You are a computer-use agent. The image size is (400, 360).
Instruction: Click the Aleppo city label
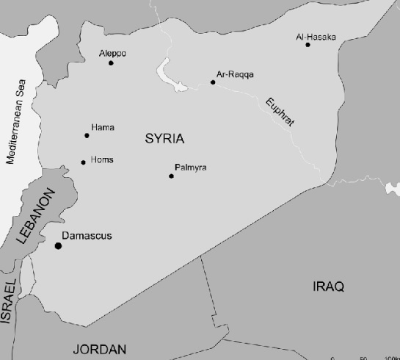click(x=112, y=54)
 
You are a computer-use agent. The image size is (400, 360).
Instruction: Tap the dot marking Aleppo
click(x=111, y=63)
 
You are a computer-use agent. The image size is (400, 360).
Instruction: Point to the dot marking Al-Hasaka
click(x=308, y=45)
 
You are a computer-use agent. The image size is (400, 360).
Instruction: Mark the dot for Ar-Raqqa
click(x=213, y=82)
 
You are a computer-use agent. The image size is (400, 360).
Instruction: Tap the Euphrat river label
click(x=280, y=112)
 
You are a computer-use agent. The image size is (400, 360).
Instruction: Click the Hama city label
click(x=102, y=128)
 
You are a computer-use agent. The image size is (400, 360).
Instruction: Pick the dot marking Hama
click(x=87, y=135)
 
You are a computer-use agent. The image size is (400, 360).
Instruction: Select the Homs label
click(x=101, y=159)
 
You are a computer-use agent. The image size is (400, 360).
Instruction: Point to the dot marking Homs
click(x=83, y=162)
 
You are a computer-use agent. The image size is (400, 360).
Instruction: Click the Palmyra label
click(x=191, y=168)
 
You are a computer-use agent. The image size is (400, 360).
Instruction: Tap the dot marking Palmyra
click(x=171, y=176)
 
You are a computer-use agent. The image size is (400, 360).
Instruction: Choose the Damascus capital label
click(x=87, y=236)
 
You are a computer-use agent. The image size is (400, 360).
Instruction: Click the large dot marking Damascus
click(x=58, y=245)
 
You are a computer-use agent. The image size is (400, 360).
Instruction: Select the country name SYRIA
click(x=164, y=138)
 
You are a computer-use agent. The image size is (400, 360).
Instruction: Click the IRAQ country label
click(x=327, y=286)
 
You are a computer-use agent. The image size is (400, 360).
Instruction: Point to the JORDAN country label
click(x=99, y=350)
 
